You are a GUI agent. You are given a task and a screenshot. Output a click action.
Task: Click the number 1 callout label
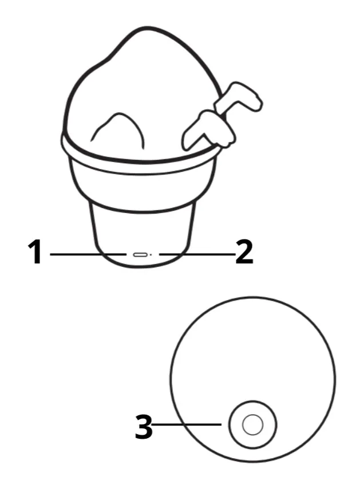point(35,252)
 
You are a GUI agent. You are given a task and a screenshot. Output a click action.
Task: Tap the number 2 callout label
point(244,252)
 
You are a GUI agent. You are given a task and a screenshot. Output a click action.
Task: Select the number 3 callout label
point(144,427)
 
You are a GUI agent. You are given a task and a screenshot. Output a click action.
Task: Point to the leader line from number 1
point(88,254)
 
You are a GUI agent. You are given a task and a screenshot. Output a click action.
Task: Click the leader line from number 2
point(197,254)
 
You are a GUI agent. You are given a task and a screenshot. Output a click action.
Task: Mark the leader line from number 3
point(187,424)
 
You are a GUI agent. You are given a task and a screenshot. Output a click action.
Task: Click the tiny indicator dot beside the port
point(151,254)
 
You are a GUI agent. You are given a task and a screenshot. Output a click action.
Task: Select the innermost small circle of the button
point(252,424)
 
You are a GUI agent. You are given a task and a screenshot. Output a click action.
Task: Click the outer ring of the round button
point(229,424)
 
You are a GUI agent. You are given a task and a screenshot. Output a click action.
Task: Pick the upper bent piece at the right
point(239,99)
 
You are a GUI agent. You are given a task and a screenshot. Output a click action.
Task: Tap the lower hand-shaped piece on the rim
point(208,129)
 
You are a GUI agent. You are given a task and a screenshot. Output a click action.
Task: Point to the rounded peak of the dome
point(145,29)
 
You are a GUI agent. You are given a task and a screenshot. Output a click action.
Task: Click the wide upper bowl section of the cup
point(143,190)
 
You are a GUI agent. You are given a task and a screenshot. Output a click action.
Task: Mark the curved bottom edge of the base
point(143,265)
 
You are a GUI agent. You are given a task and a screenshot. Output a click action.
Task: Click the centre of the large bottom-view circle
point(253,380)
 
